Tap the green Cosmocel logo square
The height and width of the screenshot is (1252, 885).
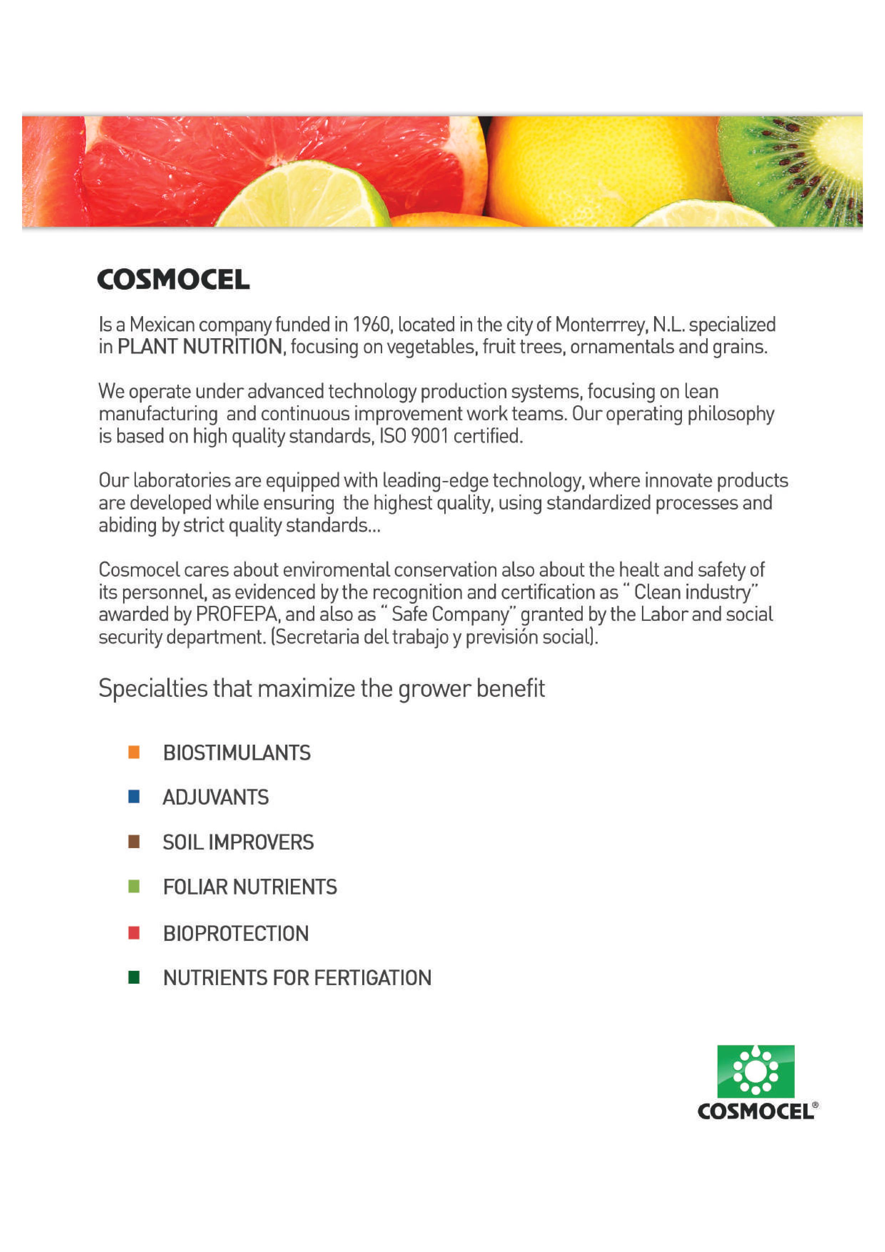tap(755, 1071)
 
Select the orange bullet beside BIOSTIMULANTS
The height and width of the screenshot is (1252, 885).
tap(133, 752)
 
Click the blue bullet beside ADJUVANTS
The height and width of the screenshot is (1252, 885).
tap(133, 797)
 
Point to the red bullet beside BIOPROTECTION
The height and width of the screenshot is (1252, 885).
tap(133, 933)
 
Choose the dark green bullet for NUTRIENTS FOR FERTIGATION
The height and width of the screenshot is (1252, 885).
tap(133, 977)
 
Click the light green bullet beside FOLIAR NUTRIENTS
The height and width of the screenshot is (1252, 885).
tap(133, 887)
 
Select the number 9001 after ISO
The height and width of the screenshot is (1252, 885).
tap(429, 436)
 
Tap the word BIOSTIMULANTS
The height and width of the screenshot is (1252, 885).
tap(237, 753)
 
